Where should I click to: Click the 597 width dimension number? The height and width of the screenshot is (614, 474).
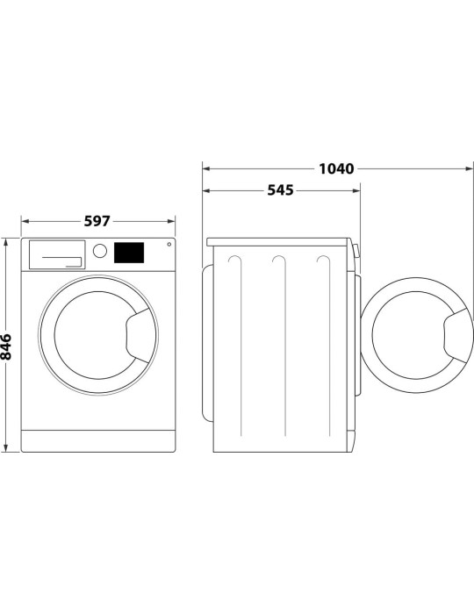pyautogui.click(x=97, y=221)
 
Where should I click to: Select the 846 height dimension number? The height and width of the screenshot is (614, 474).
pyautogui.click(x=8, y=346)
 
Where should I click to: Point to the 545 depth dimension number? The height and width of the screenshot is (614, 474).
pyautogui.click(x=280, y=190)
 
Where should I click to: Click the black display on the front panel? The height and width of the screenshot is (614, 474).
pyautogui.click(x=129, y=252)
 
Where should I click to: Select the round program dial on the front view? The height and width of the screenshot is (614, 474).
pyautogui.click(x=100, y=251)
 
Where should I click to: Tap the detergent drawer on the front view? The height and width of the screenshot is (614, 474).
pyautogui.click(x=58, y=253)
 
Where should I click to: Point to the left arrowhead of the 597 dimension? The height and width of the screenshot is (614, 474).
pyautogui.click(x=24, y=221)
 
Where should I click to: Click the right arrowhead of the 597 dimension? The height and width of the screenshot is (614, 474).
pyautogui.click(x=172, y=221)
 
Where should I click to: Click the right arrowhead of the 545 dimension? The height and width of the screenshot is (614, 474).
pyautogui.click(x=355, y=190)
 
